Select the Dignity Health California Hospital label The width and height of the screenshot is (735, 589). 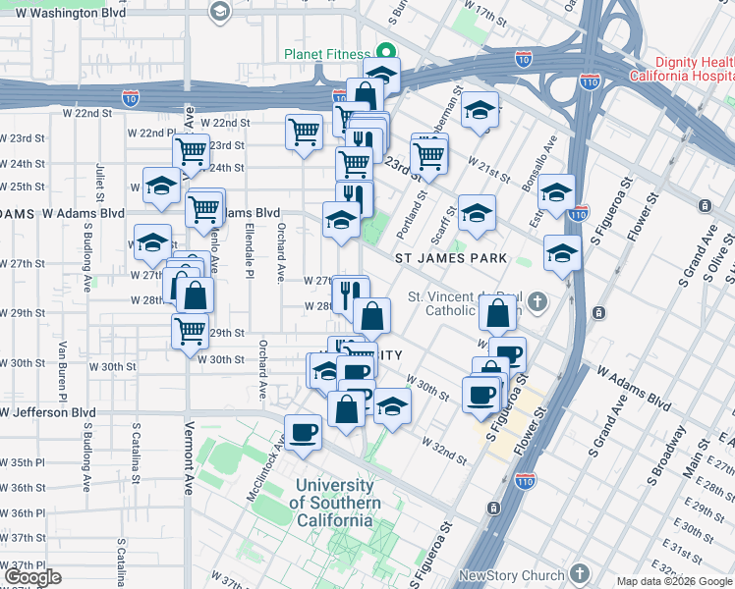coord(694,69)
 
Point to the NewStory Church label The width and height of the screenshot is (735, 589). coord(511,575)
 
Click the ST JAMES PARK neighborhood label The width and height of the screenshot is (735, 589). coord(451,258)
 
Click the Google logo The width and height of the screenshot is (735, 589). coord(32,577)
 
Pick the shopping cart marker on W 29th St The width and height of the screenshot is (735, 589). coord(190,330)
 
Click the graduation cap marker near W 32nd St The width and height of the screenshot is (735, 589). coord(392,406)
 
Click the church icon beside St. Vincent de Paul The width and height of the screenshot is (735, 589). coord(537,300)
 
